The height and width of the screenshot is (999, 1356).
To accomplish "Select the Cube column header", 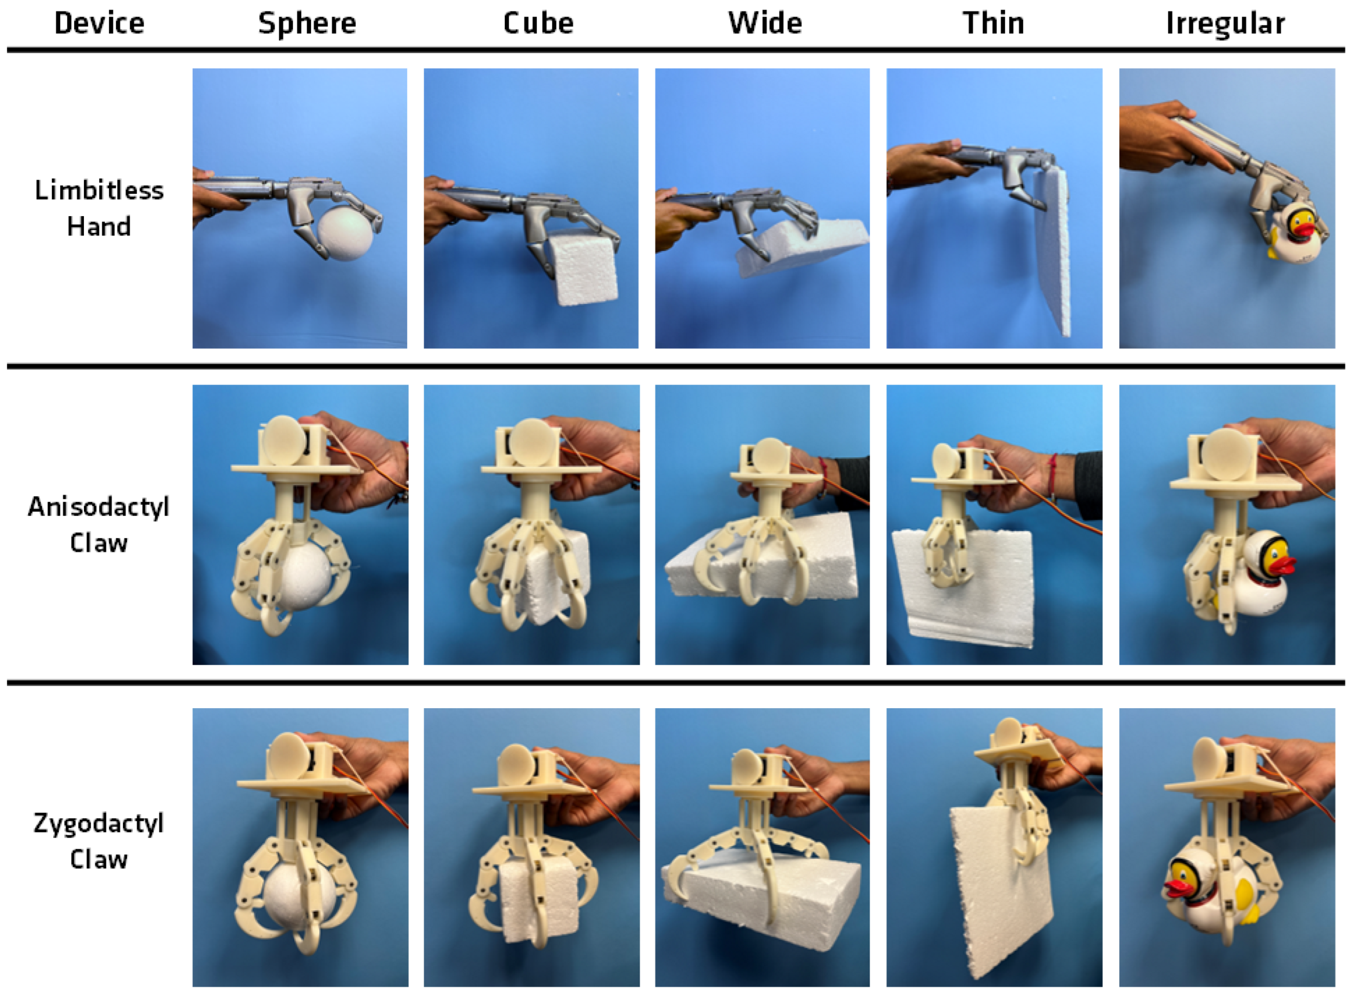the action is (x=538, y=23).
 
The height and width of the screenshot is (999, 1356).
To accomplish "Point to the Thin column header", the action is (x=994, y=23).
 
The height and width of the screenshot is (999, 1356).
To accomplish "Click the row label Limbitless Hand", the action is (x=99, y=208).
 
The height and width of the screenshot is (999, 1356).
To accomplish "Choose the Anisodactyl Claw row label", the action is (x=99, y=524).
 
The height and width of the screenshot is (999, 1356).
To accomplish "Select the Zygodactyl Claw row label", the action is (x=99, y=840).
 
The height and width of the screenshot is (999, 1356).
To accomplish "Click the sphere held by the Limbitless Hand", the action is (x=346, y=234).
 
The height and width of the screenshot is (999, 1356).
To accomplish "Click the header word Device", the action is (x=99, y=23).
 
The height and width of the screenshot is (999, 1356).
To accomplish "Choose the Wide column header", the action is (x=765, y=23).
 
